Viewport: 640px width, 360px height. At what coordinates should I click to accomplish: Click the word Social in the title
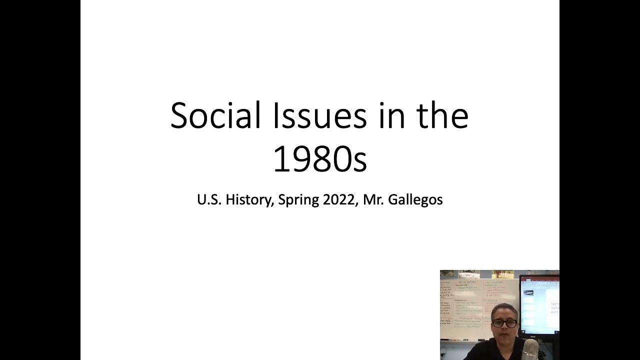pos(215,115)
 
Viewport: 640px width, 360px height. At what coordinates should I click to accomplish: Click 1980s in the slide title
pos(319,159)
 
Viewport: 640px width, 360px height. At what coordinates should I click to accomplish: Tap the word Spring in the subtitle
pos(298,200)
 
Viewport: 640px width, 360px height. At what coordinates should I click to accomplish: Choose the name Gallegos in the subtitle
pos(415,200)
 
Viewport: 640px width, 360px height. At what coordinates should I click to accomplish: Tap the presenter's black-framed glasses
pos(503,323)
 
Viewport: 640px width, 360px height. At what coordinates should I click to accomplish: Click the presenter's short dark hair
pos(503,309)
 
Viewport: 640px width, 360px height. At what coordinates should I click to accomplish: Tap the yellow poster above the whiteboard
pos(502,274)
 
